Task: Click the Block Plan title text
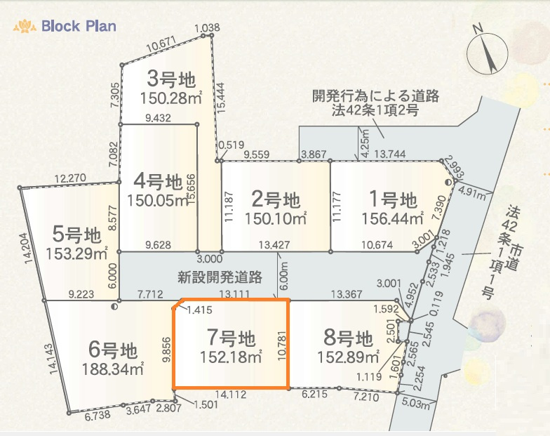(x=79, y=27)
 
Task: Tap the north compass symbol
(x=488, y=51)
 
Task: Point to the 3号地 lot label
(x=170, y=77)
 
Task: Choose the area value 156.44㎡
(x=393, y=220)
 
